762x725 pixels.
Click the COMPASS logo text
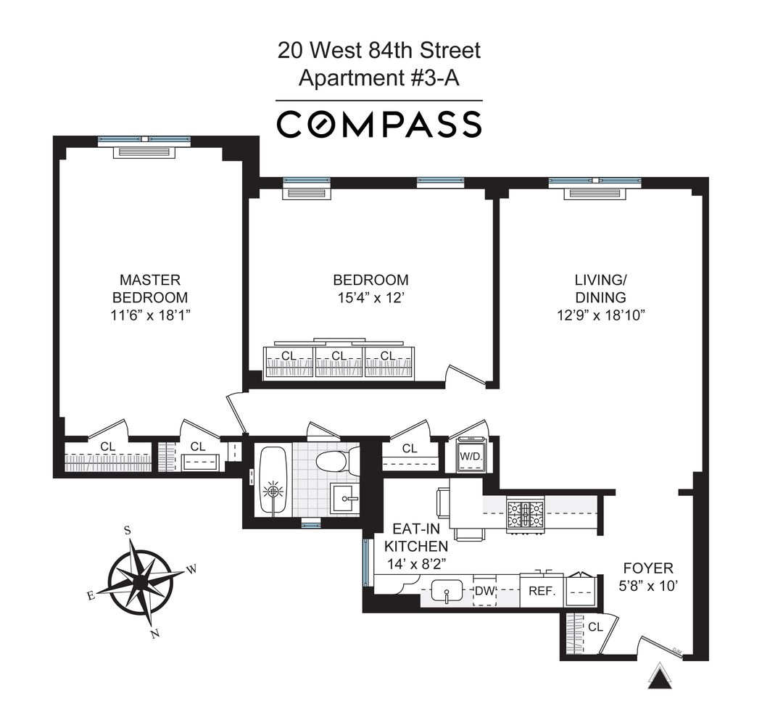(379, 123)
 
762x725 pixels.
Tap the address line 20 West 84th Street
(379, 51)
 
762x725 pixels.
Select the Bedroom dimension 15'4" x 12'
(370, 297)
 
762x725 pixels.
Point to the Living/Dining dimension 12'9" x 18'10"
(600, 315)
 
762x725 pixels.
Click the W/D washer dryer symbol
(471, 457)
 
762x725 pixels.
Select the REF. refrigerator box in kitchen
(541, 591)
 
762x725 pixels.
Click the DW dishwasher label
(484, 592)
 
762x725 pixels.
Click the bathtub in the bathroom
(273, 481)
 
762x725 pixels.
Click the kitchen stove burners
(526, 513)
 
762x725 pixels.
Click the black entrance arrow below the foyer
(660, 678)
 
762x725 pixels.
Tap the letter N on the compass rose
(153, 634)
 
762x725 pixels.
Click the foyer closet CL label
(596, 626)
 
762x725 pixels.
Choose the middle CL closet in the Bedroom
(339, 356)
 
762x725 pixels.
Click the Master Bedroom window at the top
(144, 139)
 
